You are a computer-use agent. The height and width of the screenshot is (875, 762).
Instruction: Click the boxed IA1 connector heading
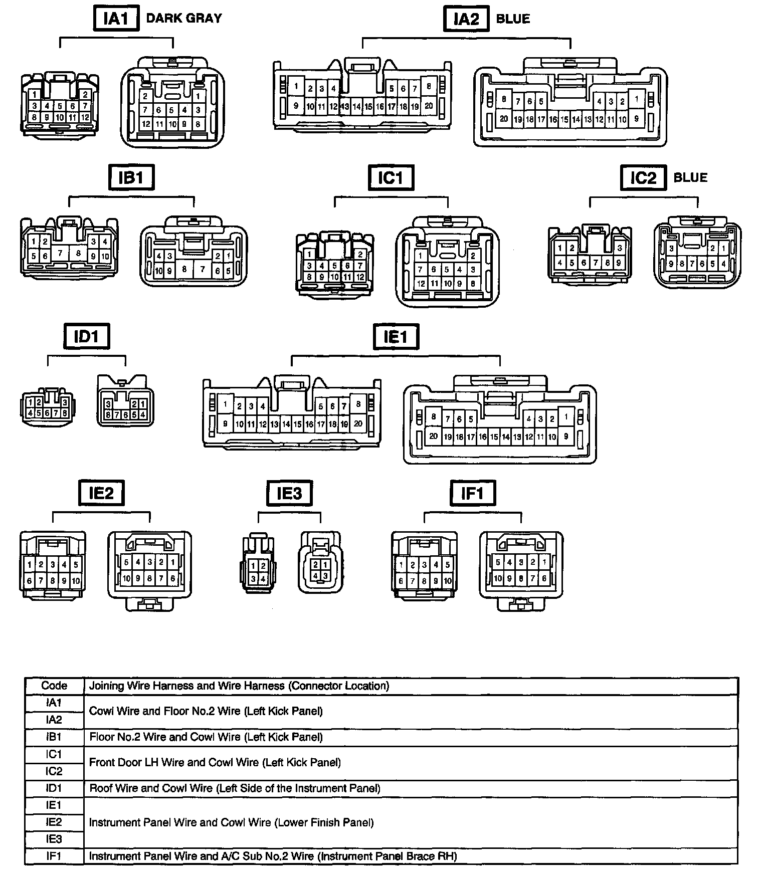115,19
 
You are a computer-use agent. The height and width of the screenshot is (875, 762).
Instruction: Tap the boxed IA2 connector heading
466,19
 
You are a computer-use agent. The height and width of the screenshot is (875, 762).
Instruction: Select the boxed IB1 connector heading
131,177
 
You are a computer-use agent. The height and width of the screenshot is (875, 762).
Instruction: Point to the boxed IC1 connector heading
391,177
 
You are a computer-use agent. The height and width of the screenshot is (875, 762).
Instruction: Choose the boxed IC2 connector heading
643,177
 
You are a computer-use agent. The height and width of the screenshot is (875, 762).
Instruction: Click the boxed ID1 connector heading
86,336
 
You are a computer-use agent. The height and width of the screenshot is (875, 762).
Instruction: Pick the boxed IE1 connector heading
396,336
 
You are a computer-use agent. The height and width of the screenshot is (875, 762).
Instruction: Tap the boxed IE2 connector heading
101,493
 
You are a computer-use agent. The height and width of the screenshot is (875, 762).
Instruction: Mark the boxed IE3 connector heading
289,493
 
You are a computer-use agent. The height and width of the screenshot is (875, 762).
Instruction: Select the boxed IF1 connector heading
472,493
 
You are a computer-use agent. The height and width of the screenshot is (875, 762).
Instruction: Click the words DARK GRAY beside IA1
183,19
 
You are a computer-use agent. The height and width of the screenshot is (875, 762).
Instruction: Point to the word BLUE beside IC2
690,177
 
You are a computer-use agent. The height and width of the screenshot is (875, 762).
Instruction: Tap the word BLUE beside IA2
513,19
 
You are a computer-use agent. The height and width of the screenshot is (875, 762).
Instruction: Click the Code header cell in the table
54,686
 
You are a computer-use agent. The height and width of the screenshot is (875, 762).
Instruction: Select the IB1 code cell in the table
54,737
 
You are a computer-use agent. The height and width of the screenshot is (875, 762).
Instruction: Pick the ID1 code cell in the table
54,788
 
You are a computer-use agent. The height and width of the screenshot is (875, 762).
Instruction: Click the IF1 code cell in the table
54,856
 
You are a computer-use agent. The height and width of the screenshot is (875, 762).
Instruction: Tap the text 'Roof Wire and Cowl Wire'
151,788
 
